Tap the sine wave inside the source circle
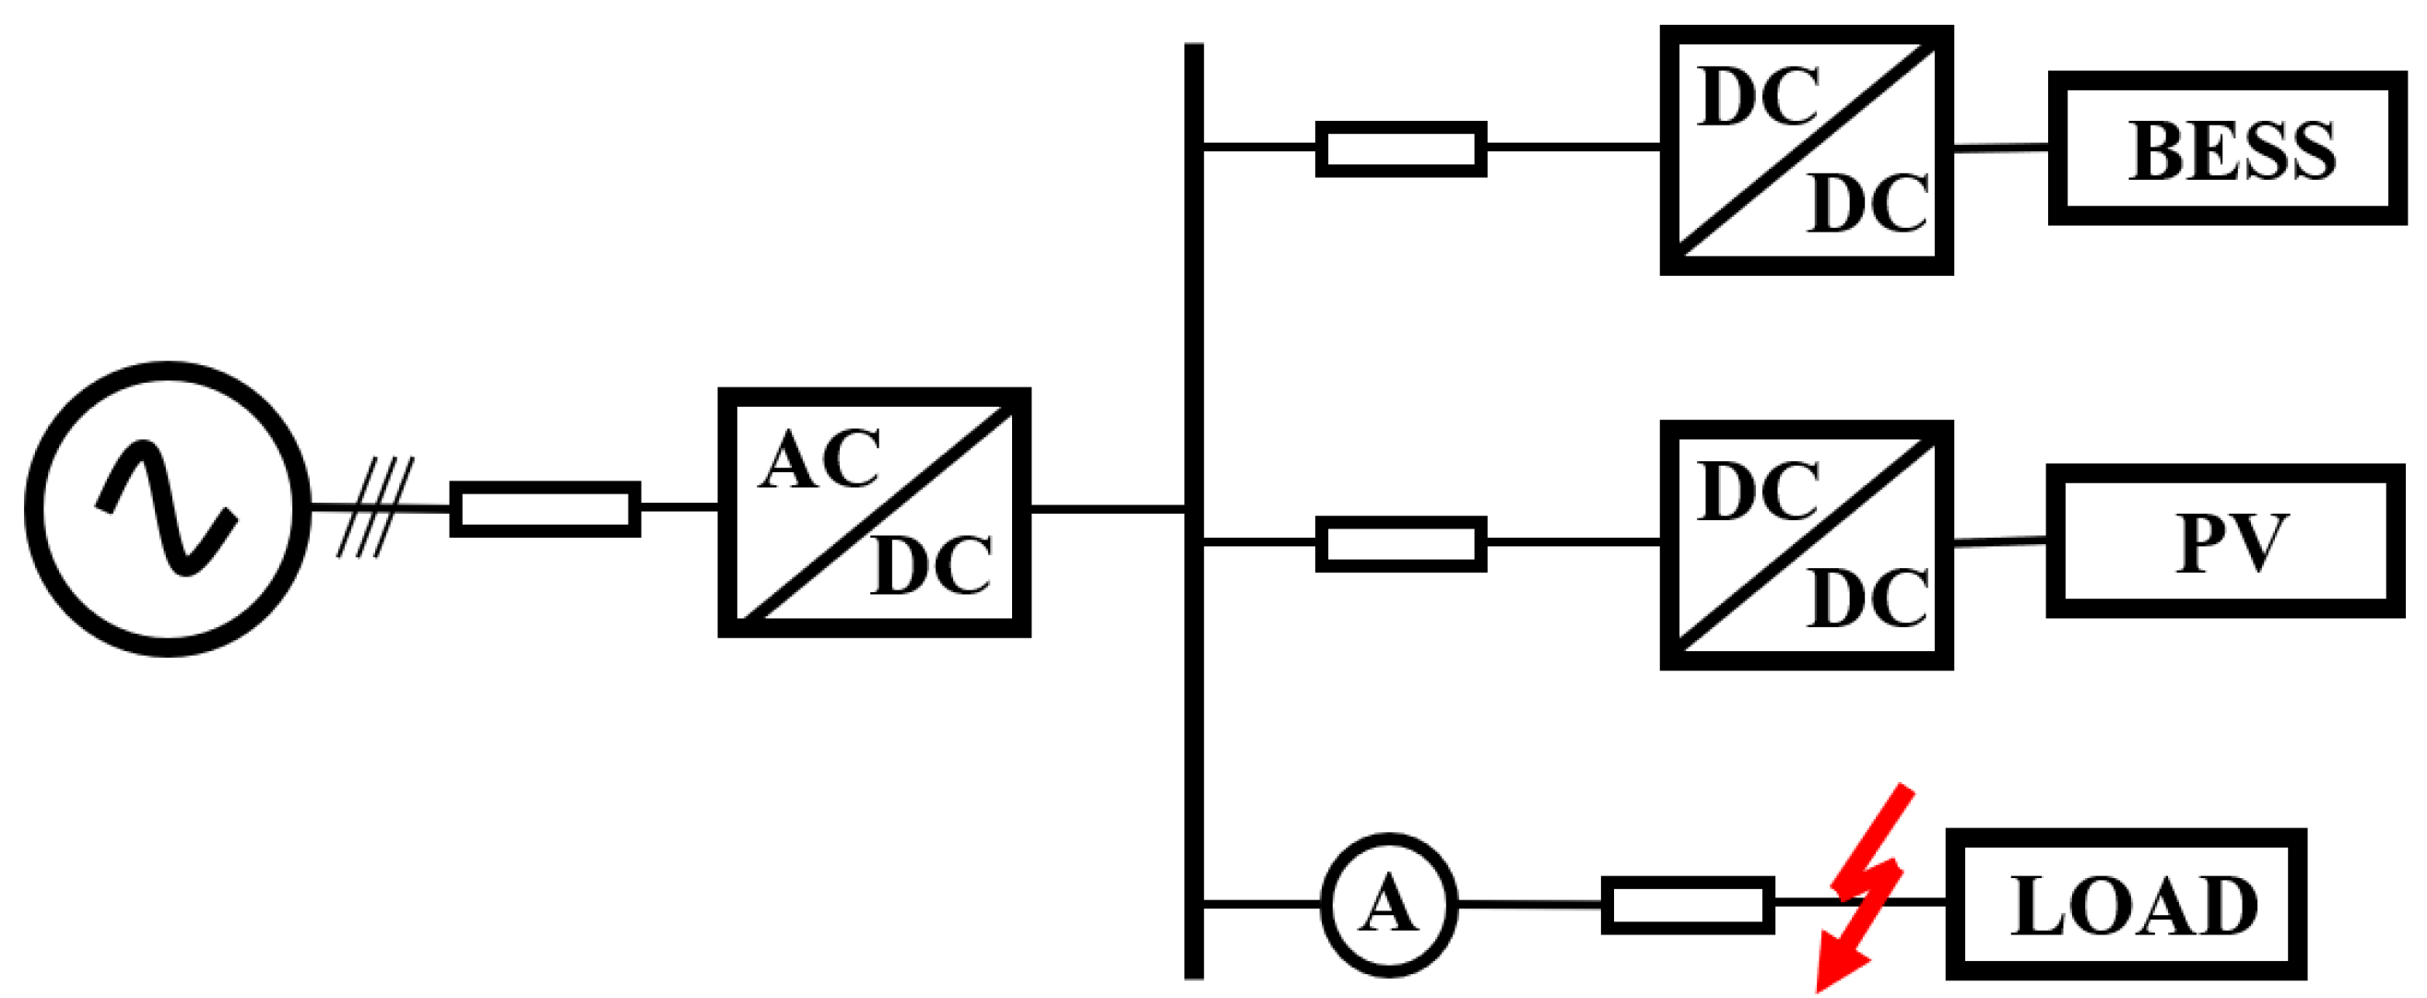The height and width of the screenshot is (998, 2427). tap(166, 508)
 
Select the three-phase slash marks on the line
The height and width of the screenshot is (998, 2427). tap(375, 508)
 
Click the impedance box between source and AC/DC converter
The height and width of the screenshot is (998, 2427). tap(545, 509)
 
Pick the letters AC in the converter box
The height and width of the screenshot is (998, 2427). tap(819, 460)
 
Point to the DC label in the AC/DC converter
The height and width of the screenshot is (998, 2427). tap(931, 565)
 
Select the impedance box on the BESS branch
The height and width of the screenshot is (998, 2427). tap(1400, 148)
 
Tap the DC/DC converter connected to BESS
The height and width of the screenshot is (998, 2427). tap(1805, 150)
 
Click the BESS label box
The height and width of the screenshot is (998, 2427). tap(2230, 149)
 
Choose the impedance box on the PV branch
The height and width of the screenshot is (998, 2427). tap(1400, 544)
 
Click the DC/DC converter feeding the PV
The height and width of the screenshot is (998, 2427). tap(1805, 546)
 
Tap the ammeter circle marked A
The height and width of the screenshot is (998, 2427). tap(1388, 905)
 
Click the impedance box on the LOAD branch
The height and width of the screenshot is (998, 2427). tap(1688, 905)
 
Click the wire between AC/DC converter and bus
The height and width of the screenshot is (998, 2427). tap(1107, 510)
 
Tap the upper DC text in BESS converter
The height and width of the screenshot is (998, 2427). tap(1758, 97)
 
